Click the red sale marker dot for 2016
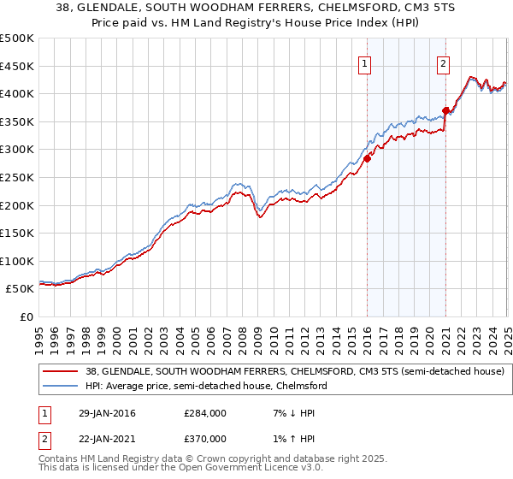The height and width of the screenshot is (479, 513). pos(367,158)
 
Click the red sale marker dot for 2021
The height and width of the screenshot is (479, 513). pos(445,109)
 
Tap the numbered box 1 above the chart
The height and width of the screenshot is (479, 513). pos(365,62)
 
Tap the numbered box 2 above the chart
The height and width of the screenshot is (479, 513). pos(444,62)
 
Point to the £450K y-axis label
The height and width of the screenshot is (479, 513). pos(17,66)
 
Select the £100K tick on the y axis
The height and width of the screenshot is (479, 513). pos(17,261)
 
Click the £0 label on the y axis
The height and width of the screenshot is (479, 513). pos(26,316)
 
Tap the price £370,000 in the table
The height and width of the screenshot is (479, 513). pos(204,439)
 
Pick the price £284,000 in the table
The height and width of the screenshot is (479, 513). pos(204,413)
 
